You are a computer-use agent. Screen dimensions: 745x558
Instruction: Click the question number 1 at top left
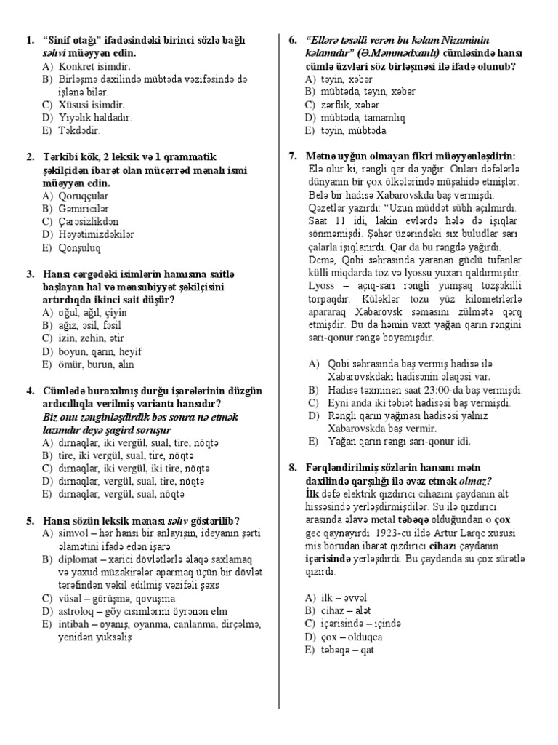[30, 40]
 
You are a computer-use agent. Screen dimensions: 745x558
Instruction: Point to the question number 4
[30, 391]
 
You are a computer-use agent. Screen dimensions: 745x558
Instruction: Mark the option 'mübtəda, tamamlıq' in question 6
[354, 118]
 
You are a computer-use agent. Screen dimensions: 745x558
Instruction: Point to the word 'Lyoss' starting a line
[323, 286]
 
